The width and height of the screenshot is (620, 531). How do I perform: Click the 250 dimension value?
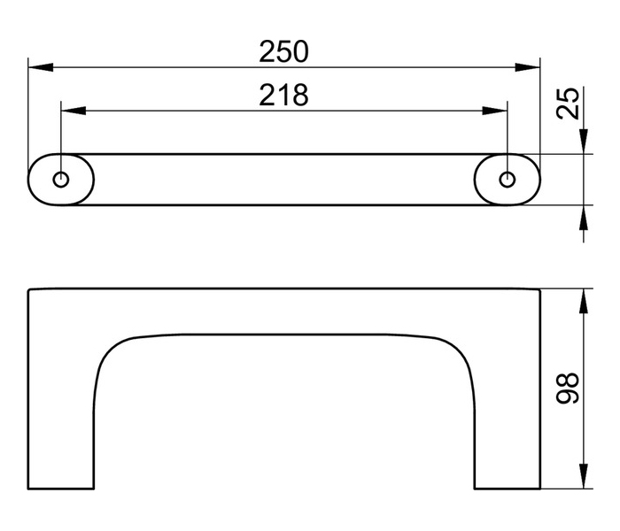(283, 51)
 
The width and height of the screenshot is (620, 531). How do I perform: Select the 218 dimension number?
(283, 96)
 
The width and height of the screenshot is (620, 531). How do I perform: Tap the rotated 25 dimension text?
(567, 104)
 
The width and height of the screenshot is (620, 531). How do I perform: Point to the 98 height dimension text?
(567, 388)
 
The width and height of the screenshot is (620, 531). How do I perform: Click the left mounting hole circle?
(61, 180)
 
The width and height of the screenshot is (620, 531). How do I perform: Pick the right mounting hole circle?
(508, 180)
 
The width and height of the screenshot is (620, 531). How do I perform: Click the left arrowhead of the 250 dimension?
(41, 67)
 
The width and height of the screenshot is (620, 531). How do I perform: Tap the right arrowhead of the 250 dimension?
(528, 67)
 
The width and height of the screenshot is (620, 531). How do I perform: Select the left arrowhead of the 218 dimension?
(74, 111)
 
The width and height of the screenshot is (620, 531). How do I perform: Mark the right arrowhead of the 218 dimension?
(494, 111)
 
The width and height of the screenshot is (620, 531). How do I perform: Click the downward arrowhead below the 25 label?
(584, 142)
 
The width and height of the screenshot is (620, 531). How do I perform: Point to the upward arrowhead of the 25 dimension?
(584, 218)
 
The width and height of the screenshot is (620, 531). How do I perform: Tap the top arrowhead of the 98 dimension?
(584, 301)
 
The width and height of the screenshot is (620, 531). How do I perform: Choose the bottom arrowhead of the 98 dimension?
(584, 476)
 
